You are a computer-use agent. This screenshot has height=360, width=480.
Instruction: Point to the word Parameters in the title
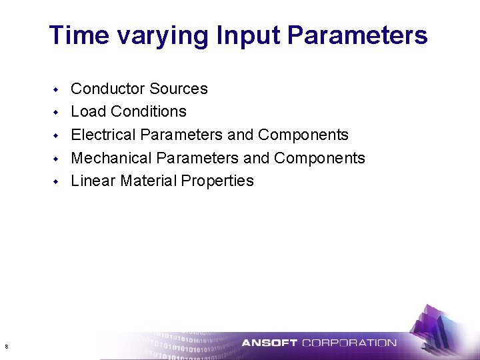coord(357,35)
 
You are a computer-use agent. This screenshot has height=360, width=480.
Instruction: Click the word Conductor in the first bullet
coord(107,89)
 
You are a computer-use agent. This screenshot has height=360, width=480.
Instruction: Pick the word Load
coord(87,111)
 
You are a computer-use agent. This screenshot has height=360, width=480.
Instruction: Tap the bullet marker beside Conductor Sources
coord(57,89)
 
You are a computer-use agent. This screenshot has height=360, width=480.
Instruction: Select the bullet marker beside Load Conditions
coord(57,112)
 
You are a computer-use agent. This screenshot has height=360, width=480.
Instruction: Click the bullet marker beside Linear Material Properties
coord(57,181)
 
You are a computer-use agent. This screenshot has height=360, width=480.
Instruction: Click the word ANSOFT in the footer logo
coord(269,343)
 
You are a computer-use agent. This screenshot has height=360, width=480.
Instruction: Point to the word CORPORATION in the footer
coord(349,343)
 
